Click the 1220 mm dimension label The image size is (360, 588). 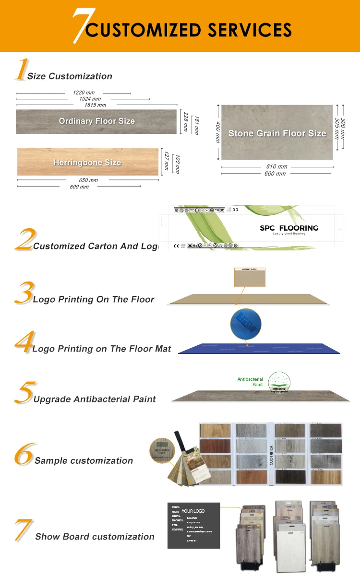pyautogui.click(x=84, y=93)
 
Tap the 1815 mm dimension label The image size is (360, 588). pyautogui.click(x=95, y=105)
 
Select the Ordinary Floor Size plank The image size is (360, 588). pyautogui.click(x=96, y=121)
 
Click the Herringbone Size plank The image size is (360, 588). pyautogui.click(x=87, y=162)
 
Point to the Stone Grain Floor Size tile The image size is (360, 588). pyautogui.click(x=277, y=133)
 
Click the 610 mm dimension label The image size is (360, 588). pyautogui.click(x=276, y=167)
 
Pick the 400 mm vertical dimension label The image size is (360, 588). pyautogui.click(x=217, y=132)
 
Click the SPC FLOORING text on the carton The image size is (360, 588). pyautogui.click(x=289, y=228)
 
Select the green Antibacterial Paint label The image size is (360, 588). pyautogui.click(x=251, y=382)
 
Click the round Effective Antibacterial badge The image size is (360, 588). pyautogui.click(x=279, y=383)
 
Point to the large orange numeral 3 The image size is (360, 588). pyautogui.click(x=24, y=292)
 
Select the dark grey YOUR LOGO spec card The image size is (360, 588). pyautogui.click(x=193, y=525)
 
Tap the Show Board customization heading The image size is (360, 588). pyautogui.click(x=95, y=537)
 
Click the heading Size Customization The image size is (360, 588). pyautogui.click(x=70, y=76)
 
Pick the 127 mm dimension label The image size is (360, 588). pyautogui.click(x=167, y=162)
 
